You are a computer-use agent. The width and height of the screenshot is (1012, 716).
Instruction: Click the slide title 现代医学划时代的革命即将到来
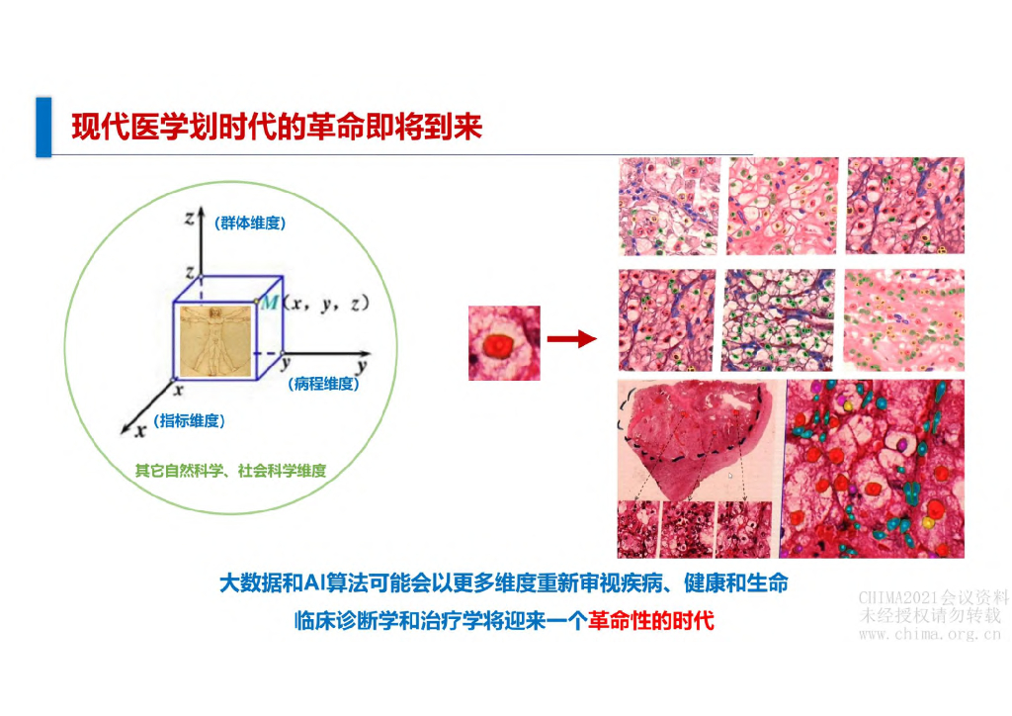[277, 128]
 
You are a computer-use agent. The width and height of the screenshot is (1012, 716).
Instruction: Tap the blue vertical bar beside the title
[42, 127]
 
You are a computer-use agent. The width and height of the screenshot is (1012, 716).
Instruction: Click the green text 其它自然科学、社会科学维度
[230, 471]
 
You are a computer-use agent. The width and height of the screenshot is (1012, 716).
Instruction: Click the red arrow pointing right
[573, 339]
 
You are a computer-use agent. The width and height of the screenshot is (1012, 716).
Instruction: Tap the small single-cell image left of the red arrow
[504, 342]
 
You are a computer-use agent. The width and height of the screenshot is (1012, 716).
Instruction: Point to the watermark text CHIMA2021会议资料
[933, 597]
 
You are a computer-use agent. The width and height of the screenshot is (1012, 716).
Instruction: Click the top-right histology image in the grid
[904, 207]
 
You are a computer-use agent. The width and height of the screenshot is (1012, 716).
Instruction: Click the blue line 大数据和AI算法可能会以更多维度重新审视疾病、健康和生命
[503, 583]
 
